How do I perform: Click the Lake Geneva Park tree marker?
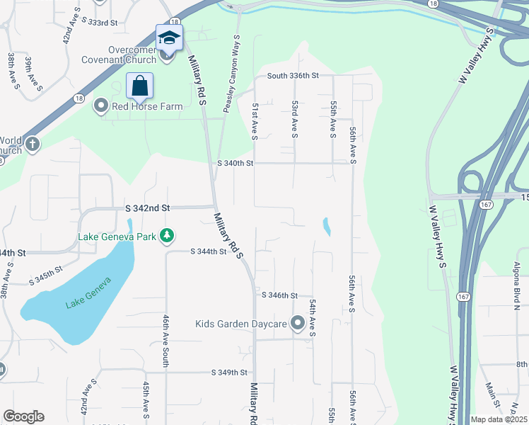[167, 235]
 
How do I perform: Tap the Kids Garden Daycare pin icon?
[298, 324]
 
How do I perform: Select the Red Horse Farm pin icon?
[100, 106]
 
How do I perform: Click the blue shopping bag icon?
[140, 86]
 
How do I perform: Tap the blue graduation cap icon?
[169, 38]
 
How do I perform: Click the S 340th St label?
[235, 164]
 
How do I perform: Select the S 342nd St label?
[148, 208]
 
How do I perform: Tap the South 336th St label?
[293, 75]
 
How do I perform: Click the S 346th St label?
[279, 295]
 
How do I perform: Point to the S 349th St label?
[229, 372]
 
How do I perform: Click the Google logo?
[23, 416]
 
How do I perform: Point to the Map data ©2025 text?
[499, 419]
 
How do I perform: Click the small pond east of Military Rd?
[326, 227]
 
